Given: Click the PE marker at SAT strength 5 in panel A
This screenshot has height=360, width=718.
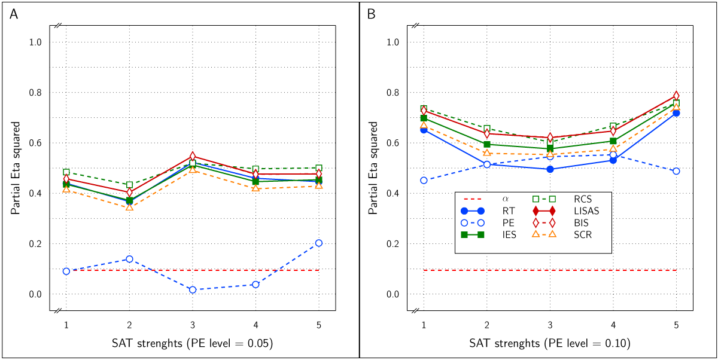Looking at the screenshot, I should click(319, 243).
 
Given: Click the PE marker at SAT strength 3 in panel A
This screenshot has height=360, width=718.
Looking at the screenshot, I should click(193, 289).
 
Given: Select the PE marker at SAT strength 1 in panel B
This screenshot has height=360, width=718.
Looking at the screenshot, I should click(424, 180).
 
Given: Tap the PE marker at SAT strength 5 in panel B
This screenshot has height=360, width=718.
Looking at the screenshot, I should click(676, 171).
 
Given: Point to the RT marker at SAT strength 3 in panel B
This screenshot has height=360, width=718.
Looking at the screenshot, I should click(550, 169).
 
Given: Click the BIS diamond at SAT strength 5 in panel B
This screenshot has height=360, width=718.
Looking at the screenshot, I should click(676, 96).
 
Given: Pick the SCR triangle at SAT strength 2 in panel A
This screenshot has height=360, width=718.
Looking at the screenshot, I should click(129, 207).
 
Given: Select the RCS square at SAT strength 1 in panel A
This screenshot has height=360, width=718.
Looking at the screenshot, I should click(66, 172).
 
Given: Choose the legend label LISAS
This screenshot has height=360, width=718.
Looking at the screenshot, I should click(587, 210).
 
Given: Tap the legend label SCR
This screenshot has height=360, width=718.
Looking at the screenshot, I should click(583, 234).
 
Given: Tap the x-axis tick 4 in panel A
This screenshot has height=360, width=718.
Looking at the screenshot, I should click(255, 324).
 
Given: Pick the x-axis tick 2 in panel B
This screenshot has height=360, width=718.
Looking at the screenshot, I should click(487, 324).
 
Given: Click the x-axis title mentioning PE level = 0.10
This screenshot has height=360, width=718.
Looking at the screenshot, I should click(550, 343).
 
